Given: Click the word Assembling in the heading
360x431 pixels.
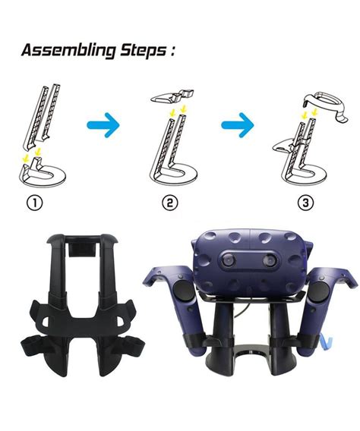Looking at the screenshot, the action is (68, 51).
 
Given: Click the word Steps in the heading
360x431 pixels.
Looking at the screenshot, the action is (144, 50).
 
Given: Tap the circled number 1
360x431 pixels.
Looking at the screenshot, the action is (35, 203).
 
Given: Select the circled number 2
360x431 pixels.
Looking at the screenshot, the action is (170, 203).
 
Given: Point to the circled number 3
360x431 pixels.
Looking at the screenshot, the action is (305, 203).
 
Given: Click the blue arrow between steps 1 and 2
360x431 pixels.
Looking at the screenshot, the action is (103, 125).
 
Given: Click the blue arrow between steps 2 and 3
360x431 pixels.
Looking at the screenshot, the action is (238, 125).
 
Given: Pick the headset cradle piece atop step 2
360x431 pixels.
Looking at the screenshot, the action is (172, 97).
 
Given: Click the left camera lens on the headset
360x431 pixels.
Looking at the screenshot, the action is (229, 260).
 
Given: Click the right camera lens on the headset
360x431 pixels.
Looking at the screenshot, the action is (270, 260).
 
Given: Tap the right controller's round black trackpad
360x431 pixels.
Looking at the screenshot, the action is (320, 291).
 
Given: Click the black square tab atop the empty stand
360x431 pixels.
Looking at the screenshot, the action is (82, 250).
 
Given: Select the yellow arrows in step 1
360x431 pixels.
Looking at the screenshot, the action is (32, 155).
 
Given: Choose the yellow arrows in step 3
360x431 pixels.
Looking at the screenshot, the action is (309, 113).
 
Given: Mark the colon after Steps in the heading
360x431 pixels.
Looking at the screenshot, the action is (172, 50).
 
